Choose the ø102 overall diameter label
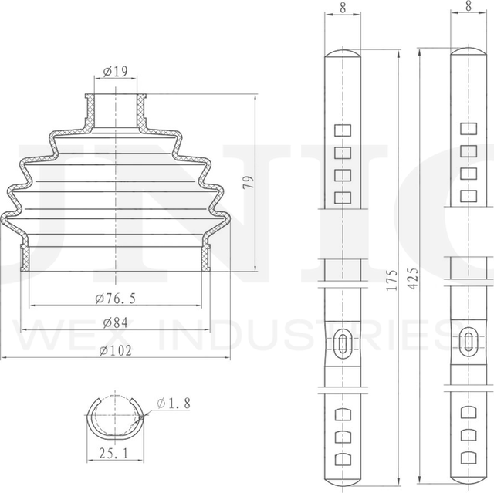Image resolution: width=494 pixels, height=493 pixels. (x=116, y=350)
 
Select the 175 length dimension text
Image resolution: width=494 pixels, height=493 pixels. (x=391, y=280)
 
